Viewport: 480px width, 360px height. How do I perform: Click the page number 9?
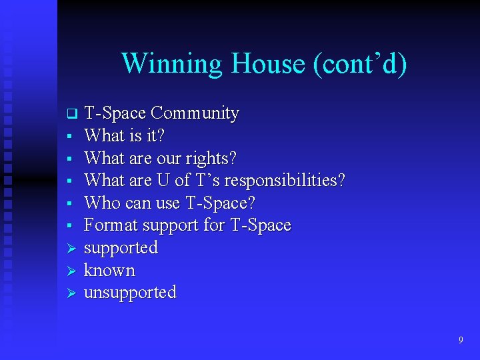click(x=460, y=341)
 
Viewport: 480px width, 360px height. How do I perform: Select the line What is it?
click(x=125, y=136)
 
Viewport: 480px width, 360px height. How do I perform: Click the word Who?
click(x=100, y=203)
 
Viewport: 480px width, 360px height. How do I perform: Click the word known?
click(x=109, y=270)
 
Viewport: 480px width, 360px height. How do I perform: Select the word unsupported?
click(x=130, y=293)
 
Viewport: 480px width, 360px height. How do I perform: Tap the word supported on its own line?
click(x=121, y=248)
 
